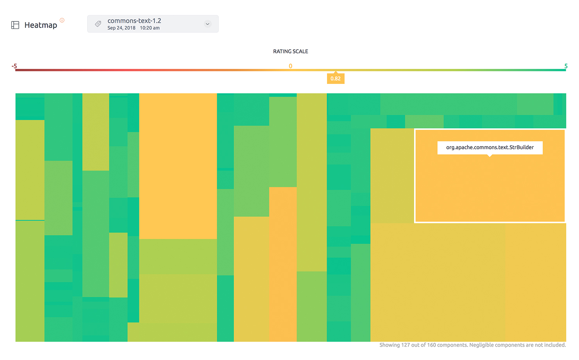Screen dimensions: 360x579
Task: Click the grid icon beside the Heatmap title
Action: (x=15, y=25)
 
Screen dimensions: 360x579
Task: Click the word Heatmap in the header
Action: (x=41, y=25)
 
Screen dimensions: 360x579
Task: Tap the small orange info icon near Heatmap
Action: (x=62, y=20)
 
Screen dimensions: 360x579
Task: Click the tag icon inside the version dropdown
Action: (x=98, y=24)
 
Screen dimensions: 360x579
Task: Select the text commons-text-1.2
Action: (x=134, y=21)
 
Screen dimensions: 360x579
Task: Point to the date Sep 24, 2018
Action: (x=121, y=28)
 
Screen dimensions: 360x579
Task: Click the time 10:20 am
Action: (x=150, y=28)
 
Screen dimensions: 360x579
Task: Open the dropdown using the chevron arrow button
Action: (x=207, y=24)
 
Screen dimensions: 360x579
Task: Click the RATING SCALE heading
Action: (x=290, y=52)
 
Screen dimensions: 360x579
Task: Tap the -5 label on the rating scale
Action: (x=14, y=66)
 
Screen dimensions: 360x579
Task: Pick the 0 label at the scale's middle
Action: (x=290, y=66)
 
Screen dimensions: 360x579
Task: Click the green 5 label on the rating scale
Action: (x=565, y=66)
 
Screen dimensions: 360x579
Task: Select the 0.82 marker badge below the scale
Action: (x=335, y=78)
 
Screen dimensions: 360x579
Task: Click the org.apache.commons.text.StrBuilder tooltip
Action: (x=490, y=147)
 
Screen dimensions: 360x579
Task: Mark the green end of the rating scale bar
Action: (x=563, y=70)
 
